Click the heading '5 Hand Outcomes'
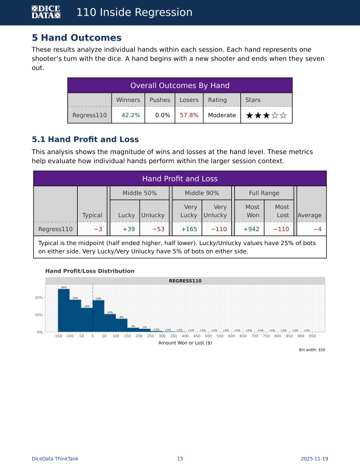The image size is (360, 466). (x=76, y=38)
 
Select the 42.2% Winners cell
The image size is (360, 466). (x=131, y=115)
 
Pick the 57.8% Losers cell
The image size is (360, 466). (x=189, y=115)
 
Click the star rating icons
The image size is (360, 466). (x=265, y=115)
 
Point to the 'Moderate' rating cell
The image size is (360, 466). (x=222, y=115)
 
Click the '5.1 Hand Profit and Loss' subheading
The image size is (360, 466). (x=85, y=140)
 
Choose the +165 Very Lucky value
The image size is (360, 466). (x=189, y=229)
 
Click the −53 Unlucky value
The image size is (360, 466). (x=157, y=229)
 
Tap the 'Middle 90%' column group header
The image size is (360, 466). (x=202, y=192)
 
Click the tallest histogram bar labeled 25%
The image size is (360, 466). (x=64, y=310)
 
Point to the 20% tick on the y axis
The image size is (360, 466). (x=38, y=298)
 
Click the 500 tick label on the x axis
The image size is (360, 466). (x=208, y=336)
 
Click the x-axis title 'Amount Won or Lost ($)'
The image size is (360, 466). (x=185, y=343)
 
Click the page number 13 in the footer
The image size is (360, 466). (x=180, y=459)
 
